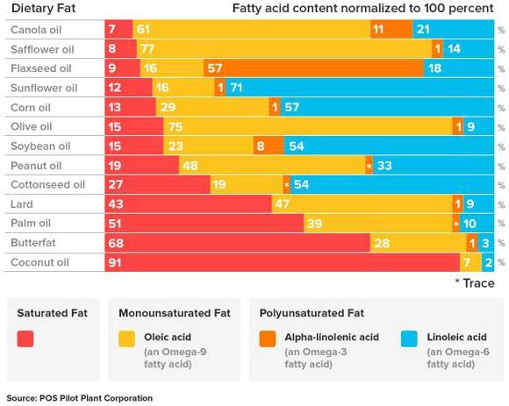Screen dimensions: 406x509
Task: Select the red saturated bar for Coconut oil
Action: click(x=281, y=262)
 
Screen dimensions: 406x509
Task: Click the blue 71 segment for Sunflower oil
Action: click(x=360, y=88)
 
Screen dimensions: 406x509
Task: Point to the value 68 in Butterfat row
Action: click(x=115, y=243)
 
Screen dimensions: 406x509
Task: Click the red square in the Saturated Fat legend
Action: click(x=25, y=338)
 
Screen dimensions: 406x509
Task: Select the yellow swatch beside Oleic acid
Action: click(x=127, y=338)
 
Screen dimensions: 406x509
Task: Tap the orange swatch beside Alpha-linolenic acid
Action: click(x=268, y=338)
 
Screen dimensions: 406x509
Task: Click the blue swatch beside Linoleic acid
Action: click(x=409, y=338)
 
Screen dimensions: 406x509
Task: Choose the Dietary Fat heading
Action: click(x=41, y=9)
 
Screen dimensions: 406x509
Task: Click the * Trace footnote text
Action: click(x=474, y=282)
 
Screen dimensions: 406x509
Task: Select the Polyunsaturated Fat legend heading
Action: click(x=314, y=311)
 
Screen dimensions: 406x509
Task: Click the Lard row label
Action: click(x=24, y=204)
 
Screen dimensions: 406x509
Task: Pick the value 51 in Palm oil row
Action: click(x=115, y=224)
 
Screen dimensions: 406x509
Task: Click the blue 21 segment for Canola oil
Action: click(x=452, y=30)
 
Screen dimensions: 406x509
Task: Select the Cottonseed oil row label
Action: click(x=47, y=185)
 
